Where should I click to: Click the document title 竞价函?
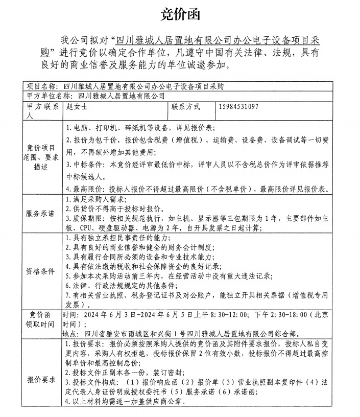pyautogui.click(x=180, y=14)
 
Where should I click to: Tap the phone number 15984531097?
pyautogui.click(x=238, y=107)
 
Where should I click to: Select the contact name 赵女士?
pyautogui.click(x=77, y=107)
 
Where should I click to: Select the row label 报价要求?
pyautogui.click(x=42, y=380)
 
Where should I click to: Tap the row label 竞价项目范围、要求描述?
pyautogui.click(x=42, y=157)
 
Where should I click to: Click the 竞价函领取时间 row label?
pyautogui.click(x=42, y=319)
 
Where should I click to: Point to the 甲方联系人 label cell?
pyautogui.click(x=42, y=111)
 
